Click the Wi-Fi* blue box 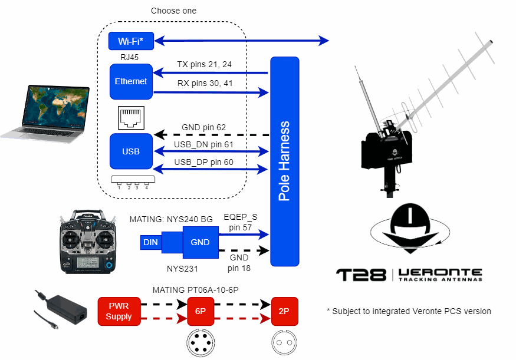pos(131,41)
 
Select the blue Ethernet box pos(131,81)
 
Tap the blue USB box pos(131,151)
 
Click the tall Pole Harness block pos(284,161)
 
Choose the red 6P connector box pos(200,312)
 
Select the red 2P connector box pos(284,312)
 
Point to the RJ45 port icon pos(131,118)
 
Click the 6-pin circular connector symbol pos(200,342)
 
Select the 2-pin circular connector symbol pos(284,342)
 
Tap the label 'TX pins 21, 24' pos(205,64)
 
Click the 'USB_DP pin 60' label pos(203,162)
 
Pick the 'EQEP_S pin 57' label pos(241,222)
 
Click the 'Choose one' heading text pos(173,11)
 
